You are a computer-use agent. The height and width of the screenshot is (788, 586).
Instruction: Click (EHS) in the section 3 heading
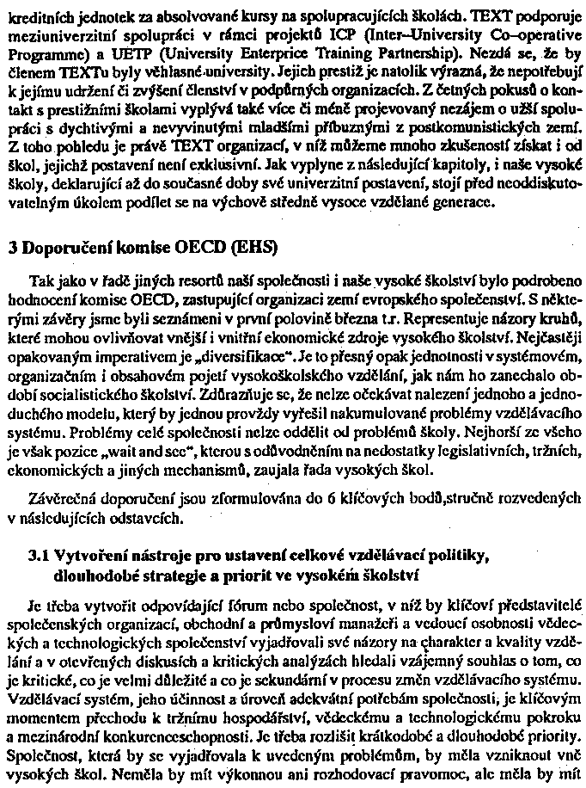pyautogui.click(x=248, y=249)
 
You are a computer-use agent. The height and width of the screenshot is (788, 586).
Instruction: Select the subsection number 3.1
pyautogui.click(x=39, y=558)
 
